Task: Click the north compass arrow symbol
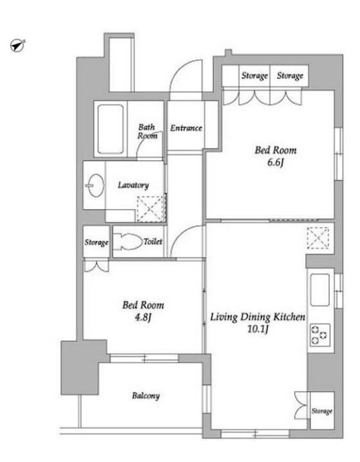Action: tap(17, 46)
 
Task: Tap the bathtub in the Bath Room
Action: tap(110, 129)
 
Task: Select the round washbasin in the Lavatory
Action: tap(95, 185)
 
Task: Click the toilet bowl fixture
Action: tap(128, 242)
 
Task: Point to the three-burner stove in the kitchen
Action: tap(320, 335)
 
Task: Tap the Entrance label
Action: tap(186, 128)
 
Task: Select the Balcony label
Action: tap(146, 396)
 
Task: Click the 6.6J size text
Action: tap(275, 163)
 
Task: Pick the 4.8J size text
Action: tap(143, 317)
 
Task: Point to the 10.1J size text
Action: tap(258, 329)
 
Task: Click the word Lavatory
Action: tap(133, 185)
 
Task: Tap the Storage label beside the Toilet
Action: tap(97, 243)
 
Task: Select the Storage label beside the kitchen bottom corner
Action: tap(322, 411)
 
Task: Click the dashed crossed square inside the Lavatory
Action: tap(151, 209)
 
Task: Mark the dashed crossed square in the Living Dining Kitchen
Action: tap(318, 238)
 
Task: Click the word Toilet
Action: tap(153, 241)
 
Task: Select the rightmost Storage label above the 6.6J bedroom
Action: tap(290, 76)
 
